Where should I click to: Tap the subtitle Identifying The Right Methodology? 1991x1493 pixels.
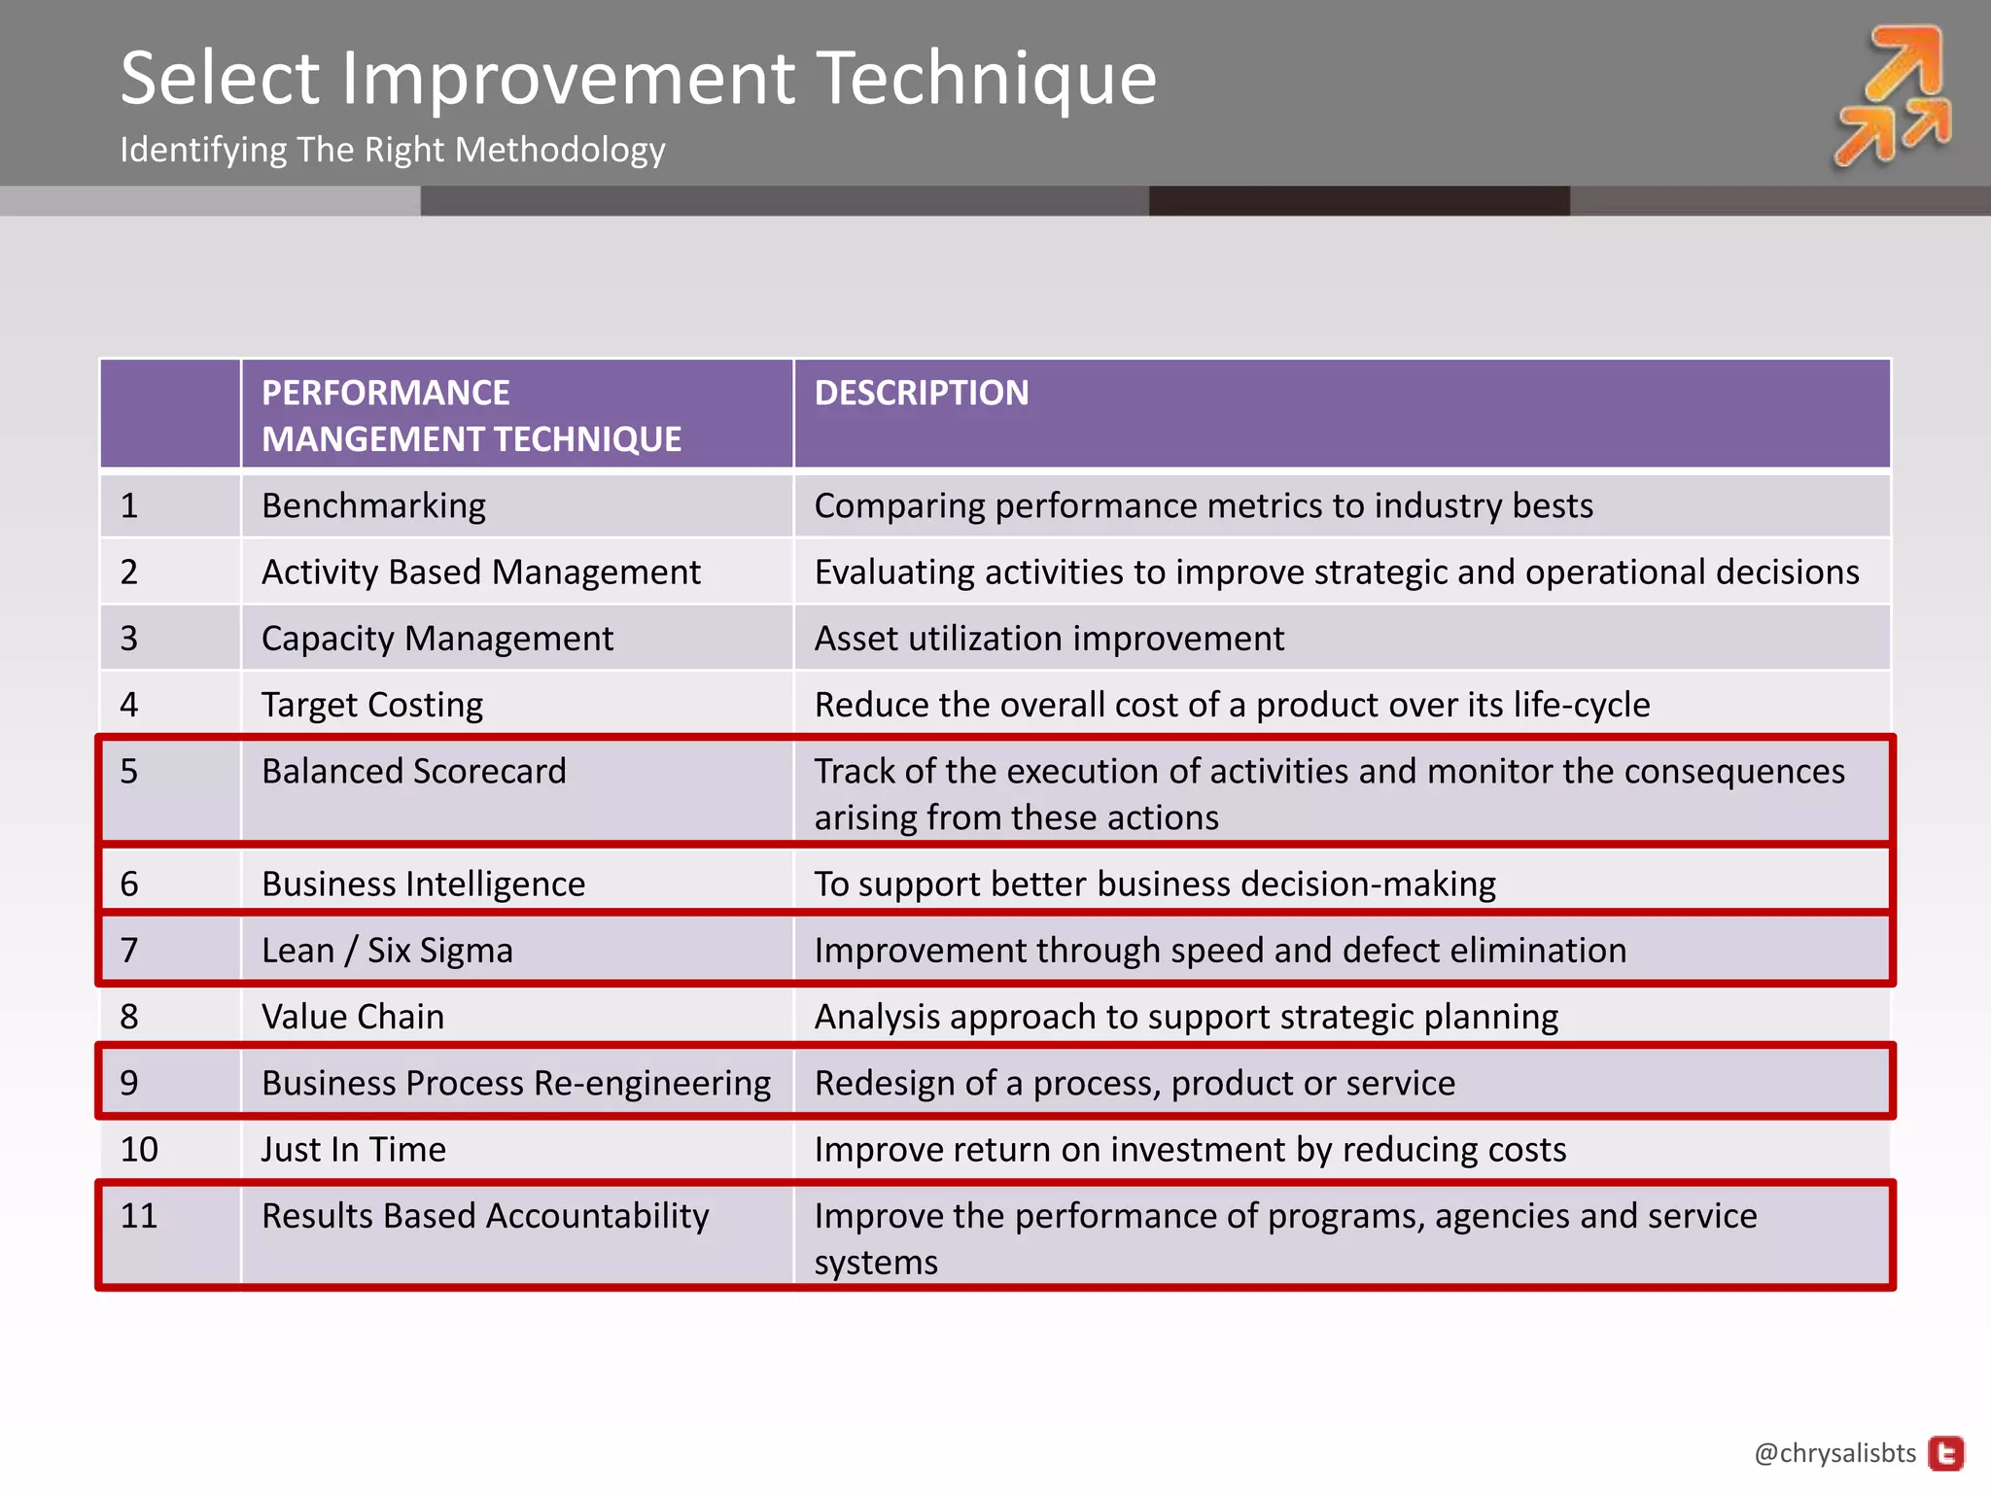tap(392, 150)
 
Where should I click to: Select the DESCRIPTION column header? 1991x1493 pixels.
tap(921, 393)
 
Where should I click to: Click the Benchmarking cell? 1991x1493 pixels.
tap(373, 505)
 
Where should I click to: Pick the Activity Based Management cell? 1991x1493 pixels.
tap(480, 572)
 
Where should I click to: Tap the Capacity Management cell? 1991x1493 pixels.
tap(437, 639)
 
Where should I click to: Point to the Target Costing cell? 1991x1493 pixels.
tap(371, 705)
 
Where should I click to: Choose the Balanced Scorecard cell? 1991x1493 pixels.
tap(413, 771)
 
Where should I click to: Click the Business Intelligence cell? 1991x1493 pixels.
tap(423, 884)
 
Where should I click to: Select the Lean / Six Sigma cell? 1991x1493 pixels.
tap(387, 950)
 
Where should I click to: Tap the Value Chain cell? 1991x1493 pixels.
tap(352, 1017)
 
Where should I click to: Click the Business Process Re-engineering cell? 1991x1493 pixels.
tap(515, 1083)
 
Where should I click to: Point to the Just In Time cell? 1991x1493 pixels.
tap(353, 1149)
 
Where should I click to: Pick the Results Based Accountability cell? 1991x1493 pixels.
tap(485, 1216)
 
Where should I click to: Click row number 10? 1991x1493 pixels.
tap(139, 1149)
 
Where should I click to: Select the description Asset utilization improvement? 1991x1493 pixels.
tap(1049, 639)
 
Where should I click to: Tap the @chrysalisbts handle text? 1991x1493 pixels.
tap(1834, 1452)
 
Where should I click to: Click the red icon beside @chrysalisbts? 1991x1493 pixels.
tap(1946, 1453)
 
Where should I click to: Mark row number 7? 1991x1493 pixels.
tap(129, 950)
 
